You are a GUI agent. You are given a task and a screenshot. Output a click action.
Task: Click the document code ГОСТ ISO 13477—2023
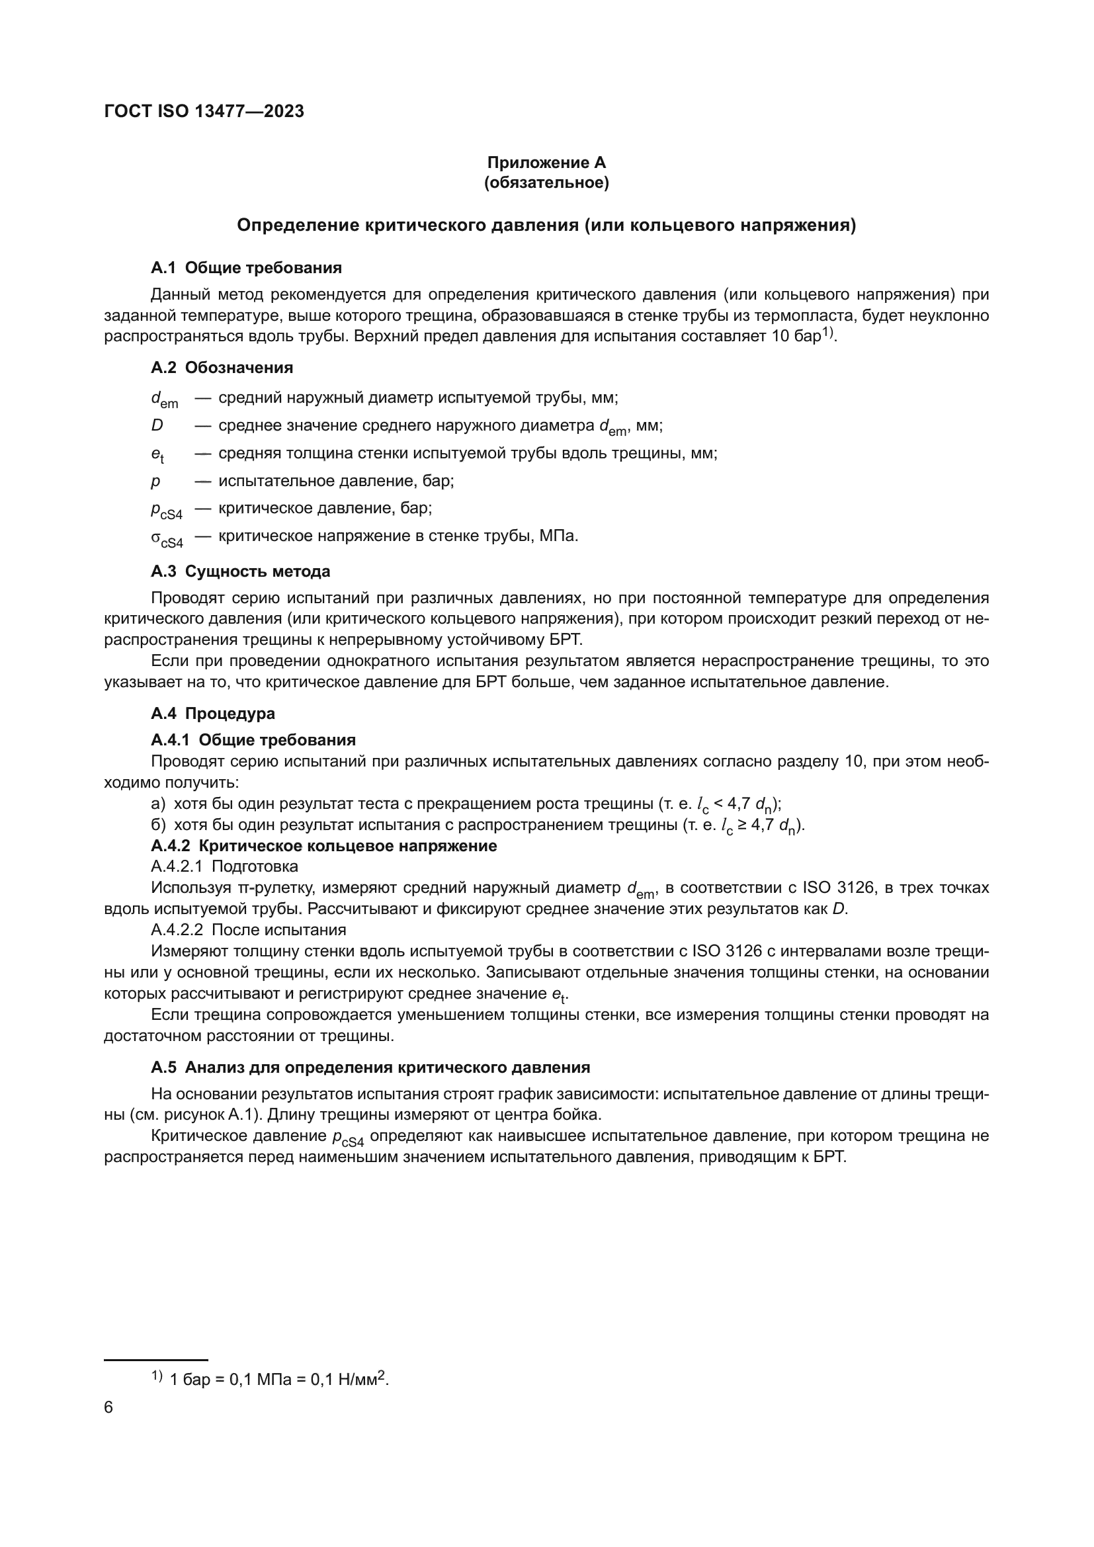click(204, 111)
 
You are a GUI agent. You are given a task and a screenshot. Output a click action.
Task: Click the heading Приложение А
click(546, 163)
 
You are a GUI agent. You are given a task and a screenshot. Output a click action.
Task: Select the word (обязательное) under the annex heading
click(546, 183)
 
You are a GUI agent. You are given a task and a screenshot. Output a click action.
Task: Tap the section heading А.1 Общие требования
click(246, 268)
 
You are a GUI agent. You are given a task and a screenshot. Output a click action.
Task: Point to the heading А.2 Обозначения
click(222, 368)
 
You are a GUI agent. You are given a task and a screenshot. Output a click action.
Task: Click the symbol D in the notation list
click(157, 426)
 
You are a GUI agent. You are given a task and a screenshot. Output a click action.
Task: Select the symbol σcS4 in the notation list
click(167, 538)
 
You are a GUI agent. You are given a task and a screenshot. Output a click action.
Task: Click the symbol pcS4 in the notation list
click(166, 510)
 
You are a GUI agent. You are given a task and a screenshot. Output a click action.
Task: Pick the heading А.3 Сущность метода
click(241, 571)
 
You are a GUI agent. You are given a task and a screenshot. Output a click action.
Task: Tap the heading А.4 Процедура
click(213, 714)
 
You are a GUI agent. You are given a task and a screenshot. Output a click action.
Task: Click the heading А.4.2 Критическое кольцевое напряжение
click(323, 847)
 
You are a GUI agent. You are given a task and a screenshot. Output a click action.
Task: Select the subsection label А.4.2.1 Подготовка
click(224, 866)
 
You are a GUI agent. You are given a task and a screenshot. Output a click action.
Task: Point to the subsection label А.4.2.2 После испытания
click(248, 931)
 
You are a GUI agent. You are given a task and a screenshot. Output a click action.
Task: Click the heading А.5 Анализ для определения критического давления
click(370, 1068)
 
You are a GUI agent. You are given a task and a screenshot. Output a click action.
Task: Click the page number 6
click(109, 1408)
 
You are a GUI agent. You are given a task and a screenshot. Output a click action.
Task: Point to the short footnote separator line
click(155, 1360)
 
